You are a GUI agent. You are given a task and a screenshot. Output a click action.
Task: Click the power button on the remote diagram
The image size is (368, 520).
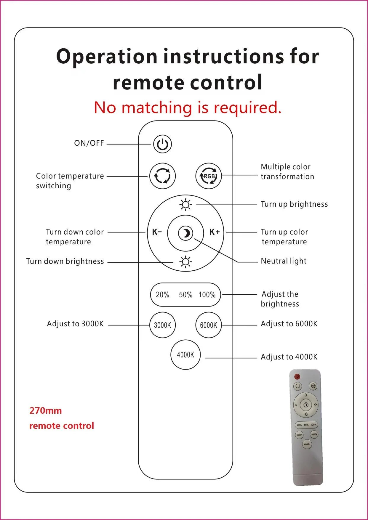(x=162, y=144)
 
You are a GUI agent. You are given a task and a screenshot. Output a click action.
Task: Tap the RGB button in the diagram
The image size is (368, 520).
(x=209, y=176)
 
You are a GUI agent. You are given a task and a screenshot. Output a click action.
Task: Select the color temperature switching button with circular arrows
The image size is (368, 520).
(x=162, y=176)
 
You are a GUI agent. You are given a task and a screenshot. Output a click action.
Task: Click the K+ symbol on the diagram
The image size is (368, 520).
(x=214, y=232)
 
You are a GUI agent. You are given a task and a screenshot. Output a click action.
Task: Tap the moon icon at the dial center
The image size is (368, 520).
(x=185, y=233)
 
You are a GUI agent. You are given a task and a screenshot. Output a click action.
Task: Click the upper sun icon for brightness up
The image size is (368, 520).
(x=185, y=204)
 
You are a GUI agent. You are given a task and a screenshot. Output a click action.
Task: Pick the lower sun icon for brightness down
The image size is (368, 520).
(x=185, y=262)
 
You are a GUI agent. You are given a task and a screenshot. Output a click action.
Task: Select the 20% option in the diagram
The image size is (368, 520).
(x=162, y=295)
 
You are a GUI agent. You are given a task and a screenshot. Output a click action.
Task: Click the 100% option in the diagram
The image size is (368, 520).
(x=207, y=295)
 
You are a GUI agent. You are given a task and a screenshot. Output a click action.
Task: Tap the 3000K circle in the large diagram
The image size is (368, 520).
(x=162, y=325)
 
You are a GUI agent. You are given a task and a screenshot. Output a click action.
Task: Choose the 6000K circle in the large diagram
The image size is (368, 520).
(x=209, y=325)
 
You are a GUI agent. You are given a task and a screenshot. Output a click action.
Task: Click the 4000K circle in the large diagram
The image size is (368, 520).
(x=185, y=354)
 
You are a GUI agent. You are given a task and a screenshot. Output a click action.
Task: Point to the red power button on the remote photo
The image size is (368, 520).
(x=297, y=377)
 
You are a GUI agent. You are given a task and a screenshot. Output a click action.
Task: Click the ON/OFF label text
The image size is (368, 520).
(x=89, y=143)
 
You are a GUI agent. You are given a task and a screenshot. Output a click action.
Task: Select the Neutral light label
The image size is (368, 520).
(x=284, y=261)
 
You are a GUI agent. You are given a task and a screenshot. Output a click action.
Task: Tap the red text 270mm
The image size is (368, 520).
(x=46, y=411)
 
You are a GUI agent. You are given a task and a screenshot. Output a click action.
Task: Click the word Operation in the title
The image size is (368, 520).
(x=107, y=56)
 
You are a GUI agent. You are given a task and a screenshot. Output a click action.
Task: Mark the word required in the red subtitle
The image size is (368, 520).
(x=247, y=107)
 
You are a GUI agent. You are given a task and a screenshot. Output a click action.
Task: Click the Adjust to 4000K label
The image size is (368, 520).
(x=289, y=357)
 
